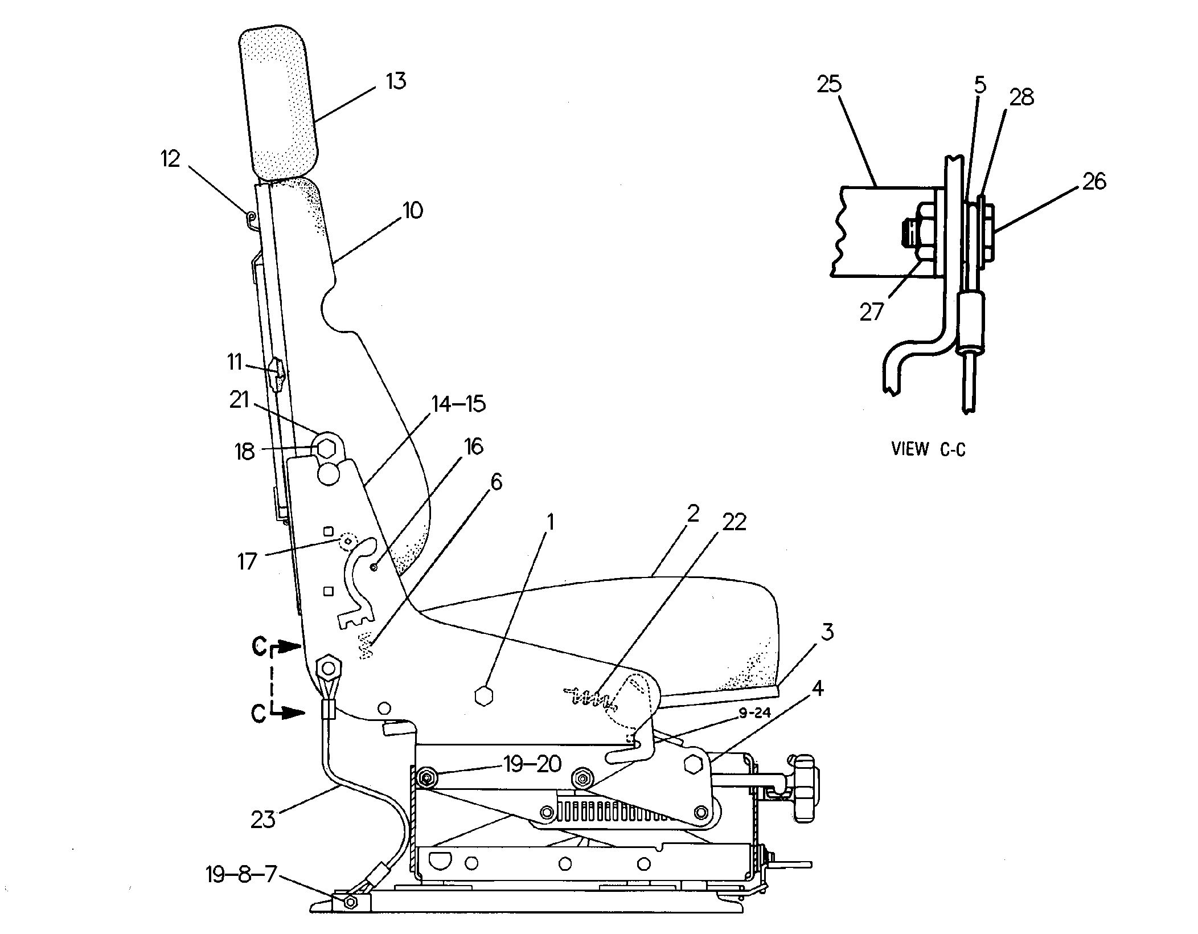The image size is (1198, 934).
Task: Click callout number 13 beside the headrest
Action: click(x=396, y=81)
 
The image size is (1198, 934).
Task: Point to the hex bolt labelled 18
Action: click(x=326, y=448)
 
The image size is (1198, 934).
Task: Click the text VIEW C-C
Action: click(x=928, y=449)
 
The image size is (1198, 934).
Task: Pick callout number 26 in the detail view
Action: click(x=1093, y=182)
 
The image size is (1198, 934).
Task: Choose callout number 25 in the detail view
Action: click(x=829, y=84)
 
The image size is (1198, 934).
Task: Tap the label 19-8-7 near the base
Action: click(x=240, y=875)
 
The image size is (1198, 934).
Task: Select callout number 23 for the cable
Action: click(x=262, y=820)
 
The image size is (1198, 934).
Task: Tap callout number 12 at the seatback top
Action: click(x=170, y=159)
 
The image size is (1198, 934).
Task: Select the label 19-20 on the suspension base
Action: click(x=532, y=764)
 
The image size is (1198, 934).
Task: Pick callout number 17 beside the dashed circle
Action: click(x=247, y=562)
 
